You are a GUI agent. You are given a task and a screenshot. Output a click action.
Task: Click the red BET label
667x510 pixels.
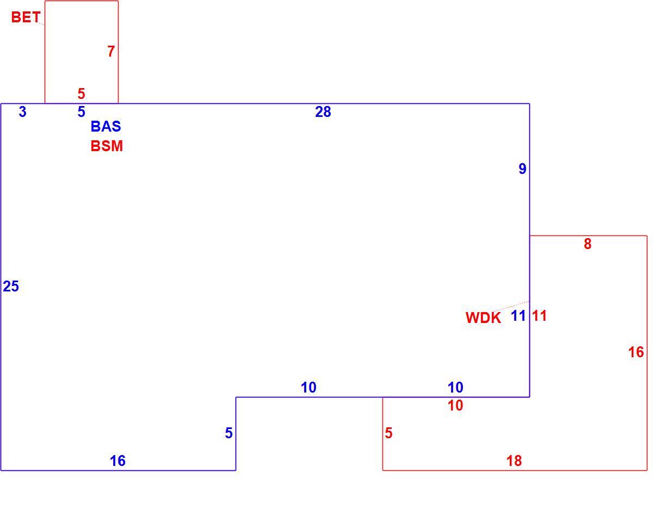pyautogui.click(x=26, y=17)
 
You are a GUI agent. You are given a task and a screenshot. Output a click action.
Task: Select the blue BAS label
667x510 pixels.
pyautogui.click(x=106, y=126)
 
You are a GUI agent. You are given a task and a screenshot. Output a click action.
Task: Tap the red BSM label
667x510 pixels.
pyautogui.click(x=107, y=146)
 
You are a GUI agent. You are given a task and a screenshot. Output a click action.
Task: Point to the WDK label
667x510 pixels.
pyautogui.click(x=483, y=318)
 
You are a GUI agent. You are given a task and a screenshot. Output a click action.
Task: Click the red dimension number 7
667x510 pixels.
pyautogui.click(x=111, y=51)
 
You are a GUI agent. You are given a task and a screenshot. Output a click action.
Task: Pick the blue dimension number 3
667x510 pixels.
pyautogui.click(x=22, y=111)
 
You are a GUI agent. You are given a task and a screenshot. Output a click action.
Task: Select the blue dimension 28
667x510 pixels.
pyautogui.click(x=323, y=111)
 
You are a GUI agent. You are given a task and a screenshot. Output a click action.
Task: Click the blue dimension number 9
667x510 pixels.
pyautogui.click(x=522, y=169)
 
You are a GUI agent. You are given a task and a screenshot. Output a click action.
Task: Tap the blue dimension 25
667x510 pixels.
pyautogui.click(x=11, y=287)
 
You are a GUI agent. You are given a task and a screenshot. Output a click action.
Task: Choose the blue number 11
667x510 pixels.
pyautogui.click(x=518, y=316)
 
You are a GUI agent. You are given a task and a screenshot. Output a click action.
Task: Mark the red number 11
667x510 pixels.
pyautogui.click(x=540, y=316)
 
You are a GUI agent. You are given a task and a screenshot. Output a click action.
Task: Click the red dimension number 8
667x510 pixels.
pyautogui.click(x=588, y=244)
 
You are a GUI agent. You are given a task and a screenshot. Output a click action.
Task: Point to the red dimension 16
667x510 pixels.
pyautogui.click(x=636, y=352)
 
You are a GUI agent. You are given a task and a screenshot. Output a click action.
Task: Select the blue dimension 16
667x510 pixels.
pyautogui.click(x=118, y=461)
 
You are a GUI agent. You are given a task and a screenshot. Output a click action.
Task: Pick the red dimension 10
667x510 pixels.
pyautogui.click(x=455, y=406)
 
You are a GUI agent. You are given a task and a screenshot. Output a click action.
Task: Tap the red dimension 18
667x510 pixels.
pyautogui.click(x=514, y=461)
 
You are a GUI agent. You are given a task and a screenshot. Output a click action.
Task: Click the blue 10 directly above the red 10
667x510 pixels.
pyautogui.click(x=455, y=387)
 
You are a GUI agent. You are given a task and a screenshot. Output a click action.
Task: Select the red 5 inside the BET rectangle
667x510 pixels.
pyautogui.click(x=81, y=94)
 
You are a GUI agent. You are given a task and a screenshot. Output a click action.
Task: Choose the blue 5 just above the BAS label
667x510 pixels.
pyautogui.click(x=81, y=111)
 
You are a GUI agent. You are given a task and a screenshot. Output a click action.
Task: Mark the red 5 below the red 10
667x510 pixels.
pyautogui.click(x=388, y=433)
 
